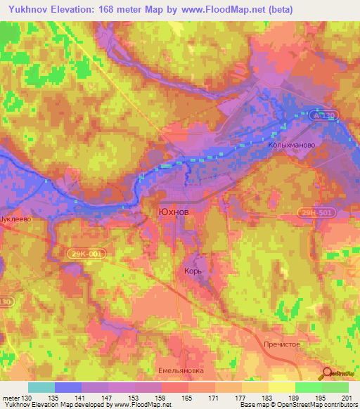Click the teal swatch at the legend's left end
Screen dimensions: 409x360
41,387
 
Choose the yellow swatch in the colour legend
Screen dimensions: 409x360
282,387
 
